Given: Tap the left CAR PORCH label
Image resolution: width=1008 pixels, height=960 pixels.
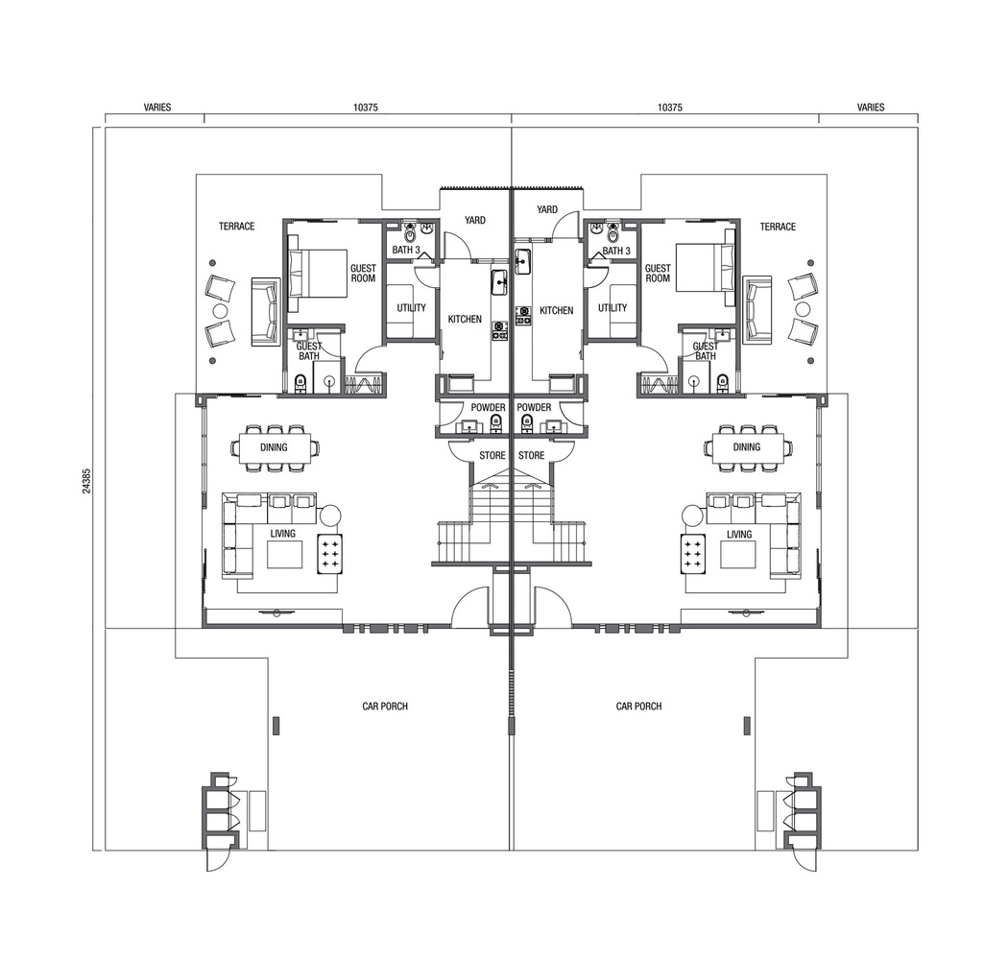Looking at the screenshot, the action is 385,706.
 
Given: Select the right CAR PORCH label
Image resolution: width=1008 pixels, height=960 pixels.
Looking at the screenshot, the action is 639,706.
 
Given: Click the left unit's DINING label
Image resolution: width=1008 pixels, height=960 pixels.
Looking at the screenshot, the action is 274,447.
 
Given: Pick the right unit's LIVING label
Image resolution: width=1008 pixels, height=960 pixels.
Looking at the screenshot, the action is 739,535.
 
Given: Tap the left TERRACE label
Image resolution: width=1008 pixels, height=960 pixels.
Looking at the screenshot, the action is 236,227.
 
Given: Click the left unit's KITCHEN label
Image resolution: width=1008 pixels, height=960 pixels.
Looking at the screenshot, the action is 465,319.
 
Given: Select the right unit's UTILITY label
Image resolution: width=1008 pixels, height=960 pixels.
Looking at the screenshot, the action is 612,308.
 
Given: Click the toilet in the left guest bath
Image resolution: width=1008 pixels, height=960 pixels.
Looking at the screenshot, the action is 300,384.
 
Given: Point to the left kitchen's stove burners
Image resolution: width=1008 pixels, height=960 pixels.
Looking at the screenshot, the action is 500,330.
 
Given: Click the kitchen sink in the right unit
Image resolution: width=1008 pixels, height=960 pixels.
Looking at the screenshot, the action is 522,259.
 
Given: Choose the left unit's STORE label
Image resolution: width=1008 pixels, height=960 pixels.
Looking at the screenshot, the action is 492,456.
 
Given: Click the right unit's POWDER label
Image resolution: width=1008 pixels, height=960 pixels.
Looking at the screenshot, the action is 534,408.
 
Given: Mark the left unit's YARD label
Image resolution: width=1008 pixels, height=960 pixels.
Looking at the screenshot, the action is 475,220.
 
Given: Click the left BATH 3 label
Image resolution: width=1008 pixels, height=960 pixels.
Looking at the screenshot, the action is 406,251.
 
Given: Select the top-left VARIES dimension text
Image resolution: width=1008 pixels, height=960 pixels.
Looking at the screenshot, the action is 157,108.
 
